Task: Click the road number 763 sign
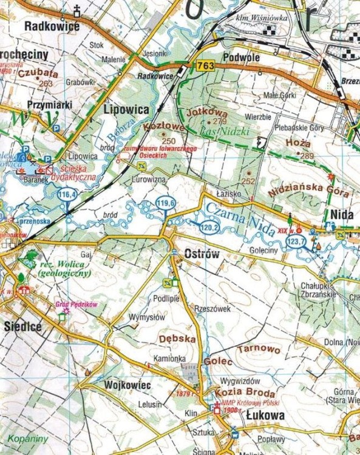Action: tap(205, 66)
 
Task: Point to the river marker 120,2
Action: tap(208, 227)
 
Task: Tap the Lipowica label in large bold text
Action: tap(126, 110)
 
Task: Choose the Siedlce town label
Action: tap(22, 326)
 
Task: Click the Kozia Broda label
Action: tap(238, 392)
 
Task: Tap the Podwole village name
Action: tap(242, 57)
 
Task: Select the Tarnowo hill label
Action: tap(259, 350)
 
